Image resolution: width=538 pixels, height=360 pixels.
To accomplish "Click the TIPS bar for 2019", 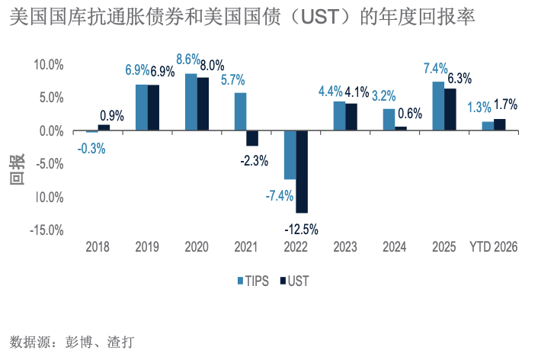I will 141,108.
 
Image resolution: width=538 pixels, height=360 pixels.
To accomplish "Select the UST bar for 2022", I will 302,172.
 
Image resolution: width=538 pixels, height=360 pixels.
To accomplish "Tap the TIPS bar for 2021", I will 240,111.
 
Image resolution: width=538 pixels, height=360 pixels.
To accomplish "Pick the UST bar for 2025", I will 450,110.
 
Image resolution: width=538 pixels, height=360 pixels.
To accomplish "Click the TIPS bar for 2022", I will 290,155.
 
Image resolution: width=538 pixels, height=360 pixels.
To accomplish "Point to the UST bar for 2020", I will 203,104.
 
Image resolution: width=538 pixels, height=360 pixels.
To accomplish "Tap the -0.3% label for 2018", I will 91,149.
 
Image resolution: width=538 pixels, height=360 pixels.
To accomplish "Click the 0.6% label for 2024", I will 409,113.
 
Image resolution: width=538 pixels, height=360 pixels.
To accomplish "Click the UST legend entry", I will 294,280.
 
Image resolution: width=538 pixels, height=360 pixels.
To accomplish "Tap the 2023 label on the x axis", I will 345,247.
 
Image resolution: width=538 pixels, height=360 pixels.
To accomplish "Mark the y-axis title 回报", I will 17,169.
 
